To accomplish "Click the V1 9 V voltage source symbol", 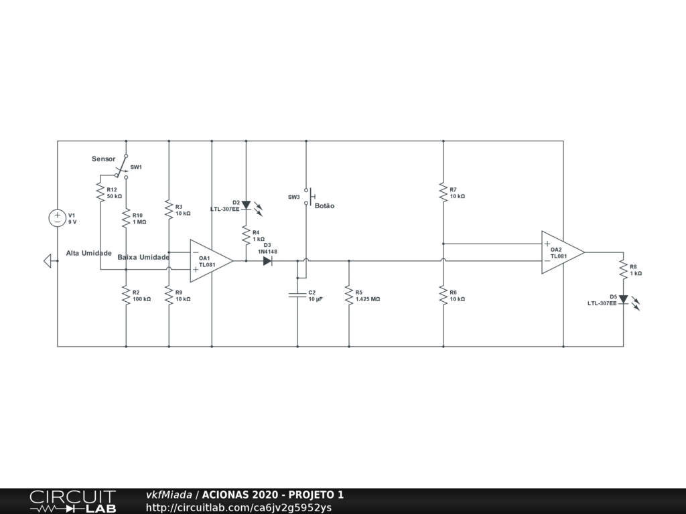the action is click(x=57, y=218).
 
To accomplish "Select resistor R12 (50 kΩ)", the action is click(x=100, y=192).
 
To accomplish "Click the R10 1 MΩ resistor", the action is click(x=125, y=218).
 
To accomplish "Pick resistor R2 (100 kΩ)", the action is click(x=125, y=295).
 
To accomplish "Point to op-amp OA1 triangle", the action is click(x=210, y=261).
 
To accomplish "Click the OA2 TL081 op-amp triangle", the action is click(x=561, y=252).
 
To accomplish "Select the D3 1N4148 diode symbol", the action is click(x=268, y=261).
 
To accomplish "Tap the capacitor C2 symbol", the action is click(x=297, y=294).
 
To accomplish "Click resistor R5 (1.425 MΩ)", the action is click(x=348, y=295).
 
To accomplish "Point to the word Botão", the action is click(x=324, y=206).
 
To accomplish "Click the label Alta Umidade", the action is click(x=88, y=253).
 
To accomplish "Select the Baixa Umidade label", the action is click(x=143, y=257).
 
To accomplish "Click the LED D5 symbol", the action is click(x=623, y=299).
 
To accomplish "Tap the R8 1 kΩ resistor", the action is click(x=623, y=269).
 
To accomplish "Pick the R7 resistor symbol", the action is click(x=443, y=192).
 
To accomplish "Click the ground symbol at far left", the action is click(x=48, y=261).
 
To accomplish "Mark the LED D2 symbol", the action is click(x=246, y=205).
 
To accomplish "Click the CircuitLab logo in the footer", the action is click(x=72, y=501).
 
